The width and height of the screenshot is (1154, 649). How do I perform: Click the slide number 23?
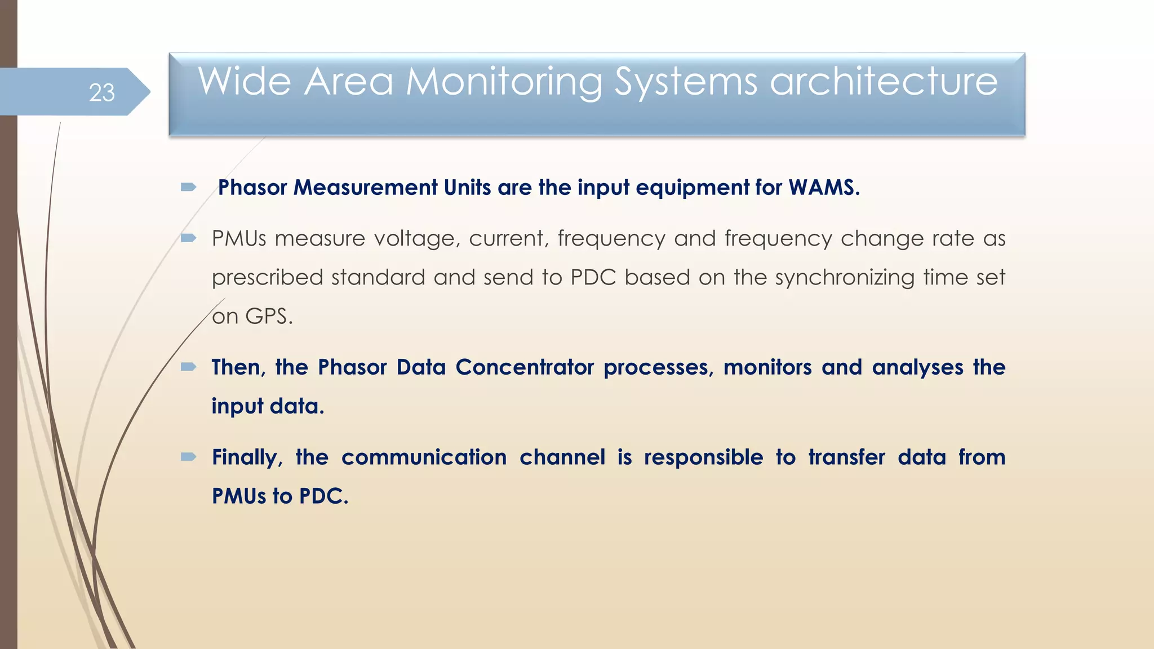pos(102,92)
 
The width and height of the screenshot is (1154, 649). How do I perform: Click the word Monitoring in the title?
pos(504,82)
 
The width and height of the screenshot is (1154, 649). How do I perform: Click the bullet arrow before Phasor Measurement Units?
pos(188,187)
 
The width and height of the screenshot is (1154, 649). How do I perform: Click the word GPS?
pos(269,317)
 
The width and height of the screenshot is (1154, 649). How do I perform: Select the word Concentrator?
pos(525,367)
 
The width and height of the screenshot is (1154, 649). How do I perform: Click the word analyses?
pos(917,367)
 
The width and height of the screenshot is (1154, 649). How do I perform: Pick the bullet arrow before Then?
pos(188,367)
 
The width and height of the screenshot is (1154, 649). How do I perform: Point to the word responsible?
pos(703,457)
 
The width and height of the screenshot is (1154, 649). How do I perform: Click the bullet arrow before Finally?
pos(188,457)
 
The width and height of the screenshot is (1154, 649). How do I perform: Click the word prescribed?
pos(267,278)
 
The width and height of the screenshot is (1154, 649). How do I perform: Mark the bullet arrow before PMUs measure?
pos(188,238)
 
